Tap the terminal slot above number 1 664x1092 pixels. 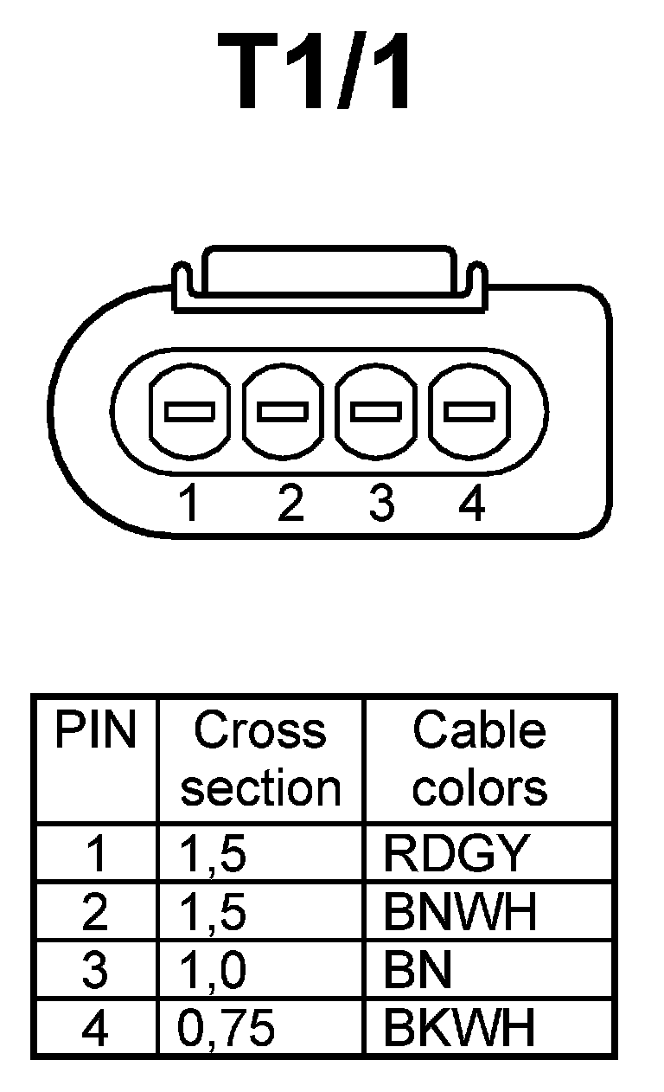pos(189,411)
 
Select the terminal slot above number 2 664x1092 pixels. pos(283,411)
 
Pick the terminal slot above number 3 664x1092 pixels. pos(376,411)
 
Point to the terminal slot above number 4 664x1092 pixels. pos(469,411)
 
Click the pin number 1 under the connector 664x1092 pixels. pos(190,503)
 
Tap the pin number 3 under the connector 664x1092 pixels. pos(380,503)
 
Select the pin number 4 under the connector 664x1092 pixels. pos(471,503)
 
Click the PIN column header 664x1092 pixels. pos(95,732)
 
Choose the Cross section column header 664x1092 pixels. pos(260,760)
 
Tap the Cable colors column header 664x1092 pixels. pos(480,760)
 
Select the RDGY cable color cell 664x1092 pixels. pos(455,854)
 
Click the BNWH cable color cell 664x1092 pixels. pos(459,912)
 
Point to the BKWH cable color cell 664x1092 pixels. pos(459,1029)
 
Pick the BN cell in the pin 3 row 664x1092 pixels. pos(418,971)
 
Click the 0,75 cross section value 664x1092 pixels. pos(227,1029)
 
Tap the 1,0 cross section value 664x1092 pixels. pos(212,971)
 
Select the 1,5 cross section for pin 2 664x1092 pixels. pos(212,912)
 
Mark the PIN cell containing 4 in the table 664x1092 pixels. pos(95,1029)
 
